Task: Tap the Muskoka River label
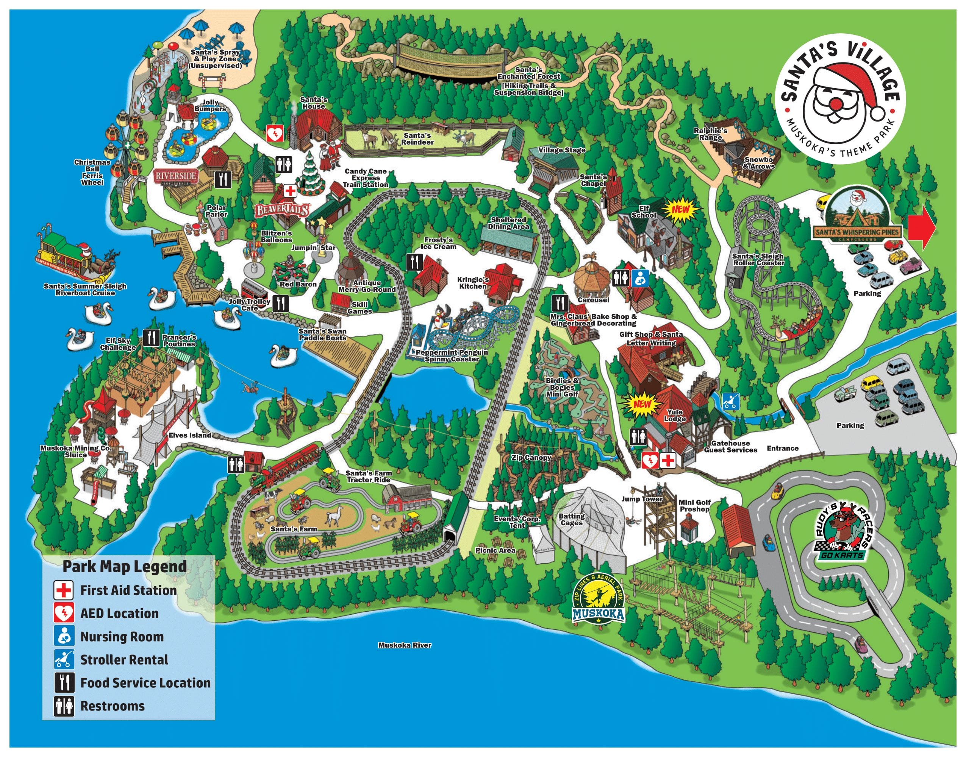pos(404,645)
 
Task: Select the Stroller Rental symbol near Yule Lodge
pos(730,401)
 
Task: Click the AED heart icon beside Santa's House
pos(275,132)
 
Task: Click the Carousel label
pos(593,300)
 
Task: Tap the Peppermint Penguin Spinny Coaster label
pos(452,355)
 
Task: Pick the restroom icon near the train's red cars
pos(236,464)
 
